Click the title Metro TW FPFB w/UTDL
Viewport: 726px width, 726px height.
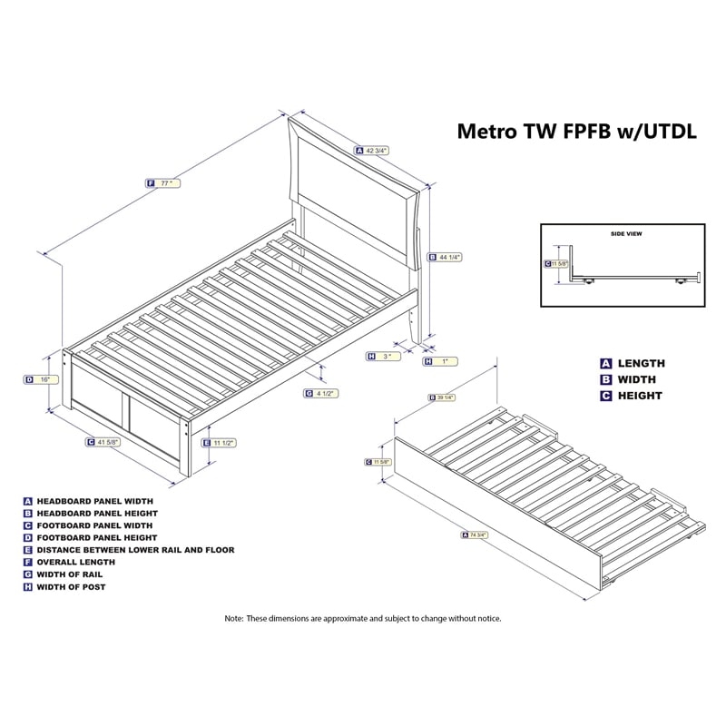pos(575,131)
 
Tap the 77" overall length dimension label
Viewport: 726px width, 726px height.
pos(165,182)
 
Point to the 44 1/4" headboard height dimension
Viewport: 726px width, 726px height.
pos(446,257)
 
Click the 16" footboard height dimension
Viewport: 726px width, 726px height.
pos(43,380)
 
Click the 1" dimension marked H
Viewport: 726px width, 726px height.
pos(441,362)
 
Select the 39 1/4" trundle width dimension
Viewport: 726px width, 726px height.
pos(447,397)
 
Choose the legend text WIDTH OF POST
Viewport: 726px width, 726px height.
pos(72,587)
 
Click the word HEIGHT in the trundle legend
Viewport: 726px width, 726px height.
pos(640,396)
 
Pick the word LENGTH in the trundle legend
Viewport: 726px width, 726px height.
pos(642,363)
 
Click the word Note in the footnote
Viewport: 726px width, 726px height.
pos(235,618)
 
